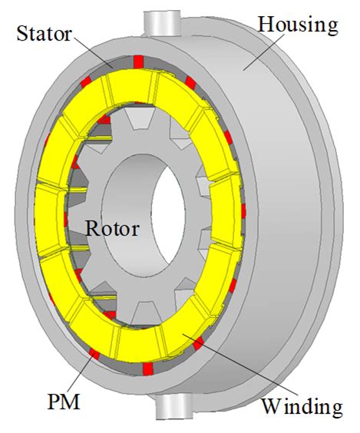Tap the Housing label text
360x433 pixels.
pos(298,25)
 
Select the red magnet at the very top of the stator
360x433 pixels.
pos(138,61)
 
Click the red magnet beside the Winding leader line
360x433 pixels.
pos(198,343)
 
